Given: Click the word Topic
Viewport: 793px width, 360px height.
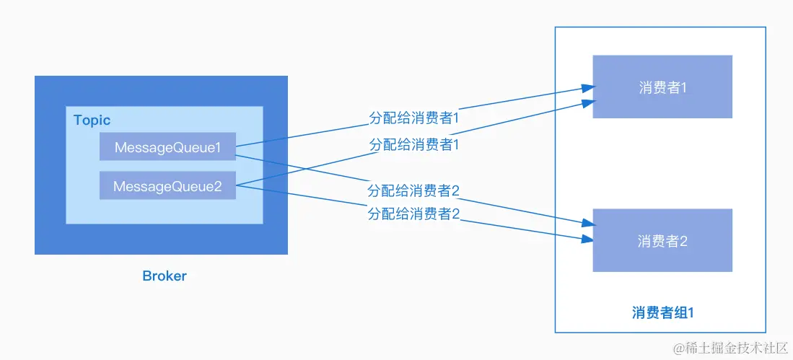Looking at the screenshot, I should (x=92, y=120).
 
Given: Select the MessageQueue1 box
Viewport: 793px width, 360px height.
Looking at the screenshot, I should (x=167, y=147).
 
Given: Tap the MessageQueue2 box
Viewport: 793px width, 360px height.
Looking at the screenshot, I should (x=167, y=186).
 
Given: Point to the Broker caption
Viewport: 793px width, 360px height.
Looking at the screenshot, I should (x=165, y=276).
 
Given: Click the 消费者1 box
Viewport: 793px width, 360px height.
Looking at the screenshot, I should (x=662, y=87).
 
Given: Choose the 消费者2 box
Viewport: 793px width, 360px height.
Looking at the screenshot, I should (x=662, y=241).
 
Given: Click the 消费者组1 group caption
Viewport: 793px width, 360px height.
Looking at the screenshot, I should (x=662, y=312).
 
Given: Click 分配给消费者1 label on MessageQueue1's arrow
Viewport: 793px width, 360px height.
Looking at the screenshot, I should (x=414, y=118).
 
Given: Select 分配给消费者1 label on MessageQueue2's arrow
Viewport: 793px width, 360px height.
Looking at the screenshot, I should (x=414, y=144).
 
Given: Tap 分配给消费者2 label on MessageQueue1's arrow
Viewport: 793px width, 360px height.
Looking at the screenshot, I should (x=413, y=191).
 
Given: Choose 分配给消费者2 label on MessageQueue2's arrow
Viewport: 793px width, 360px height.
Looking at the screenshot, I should (x=413, y=214).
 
